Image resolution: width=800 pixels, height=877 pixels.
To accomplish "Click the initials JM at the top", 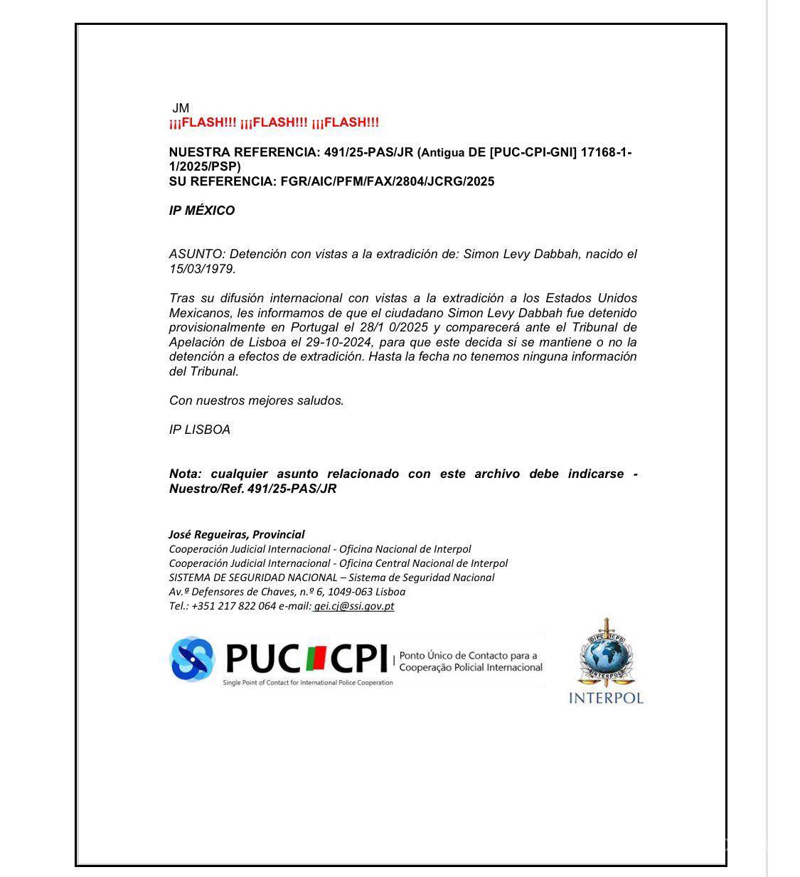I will [x=181, y=108].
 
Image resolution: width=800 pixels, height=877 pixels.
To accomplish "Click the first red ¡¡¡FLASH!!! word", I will [x=203, y=122].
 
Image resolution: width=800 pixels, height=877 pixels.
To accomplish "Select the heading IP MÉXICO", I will [x=202, y=211].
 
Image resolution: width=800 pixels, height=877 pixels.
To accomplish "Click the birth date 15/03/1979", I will [x=201, y=269].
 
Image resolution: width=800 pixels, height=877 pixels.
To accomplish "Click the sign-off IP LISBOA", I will [x=200, y=430].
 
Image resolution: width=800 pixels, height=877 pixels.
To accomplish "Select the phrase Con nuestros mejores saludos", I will [x=256, y=400].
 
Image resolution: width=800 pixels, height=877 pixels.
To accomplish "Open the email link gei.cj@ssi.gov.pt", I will [x=354, y=606].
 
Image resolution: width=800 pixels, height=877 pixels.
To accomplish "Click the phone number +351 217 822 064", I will [x=233, y=606].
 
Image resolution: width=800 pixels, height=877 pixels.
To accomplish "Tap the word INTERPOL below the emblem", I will [x=606, y=698].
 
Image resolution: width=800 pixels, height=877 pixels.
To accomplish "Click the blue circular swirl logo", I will [x=192, y=658].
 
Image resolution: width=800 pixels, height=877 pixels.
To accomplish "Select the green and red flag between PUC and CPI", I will [x=316, y=658].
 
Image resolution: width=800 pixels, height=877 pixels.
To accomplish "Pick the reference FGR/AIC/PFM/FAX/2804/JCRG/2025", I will [x=388, y=181].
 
